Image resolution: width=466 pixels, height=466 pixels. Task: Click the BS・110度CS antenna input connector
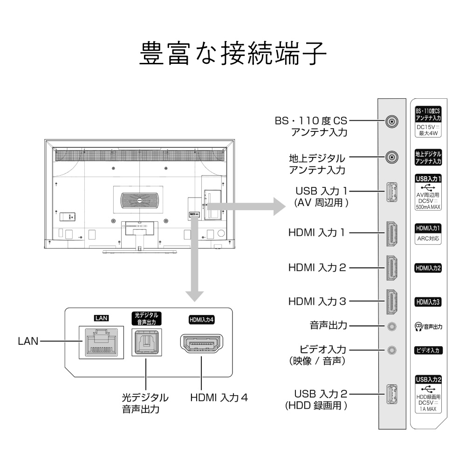392,123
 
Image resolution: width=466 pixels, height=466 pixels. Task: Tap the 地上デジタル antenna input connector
392,158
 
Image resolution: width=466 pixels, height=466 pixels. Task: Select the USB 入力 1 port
391,193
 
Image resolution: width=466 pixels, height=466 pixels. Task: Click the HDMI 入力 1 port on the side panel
391,233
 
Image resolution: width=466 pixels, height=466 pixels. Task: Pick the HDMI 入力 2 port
391,268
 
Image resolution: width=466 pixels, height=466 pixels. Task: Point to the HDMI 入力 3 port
391,302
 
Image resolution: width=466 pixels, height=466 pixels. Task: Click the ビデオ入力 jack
392,349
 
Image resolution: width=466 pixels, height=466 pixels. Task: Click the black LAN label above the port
101,318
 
